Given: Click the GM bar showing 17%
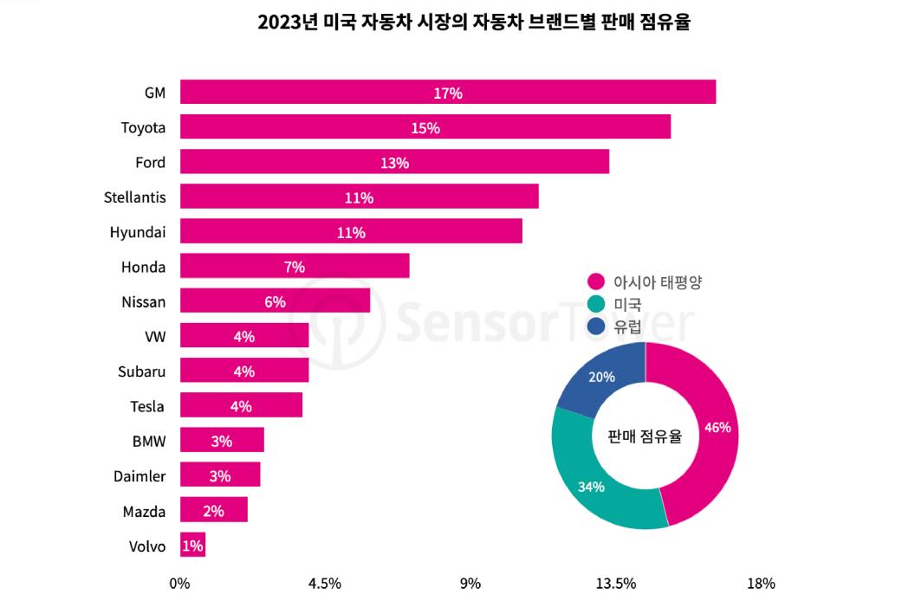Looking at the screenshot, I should (x=447, y=92).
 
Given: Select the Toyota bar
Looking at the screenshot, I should (x=425, y=127).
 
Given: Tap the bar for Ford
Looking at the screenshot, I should (x=394, y=162).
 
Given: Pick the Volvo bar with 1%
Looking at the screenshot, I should (x=192, y=545).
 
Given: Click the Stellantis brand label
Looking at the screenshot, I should (x=134, y=197).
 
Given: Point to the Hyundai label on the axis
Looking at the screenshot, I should (x=138, y=232).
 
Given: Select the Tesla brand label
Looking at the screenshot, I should (x=147, y=406).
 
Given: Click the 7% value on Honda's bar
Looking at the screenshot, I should (x=294, y=267).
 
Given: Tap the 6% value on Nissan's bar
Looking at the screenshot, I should (x=275, y=301).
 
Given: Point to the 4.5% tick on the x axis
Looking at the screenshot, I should (x=325, y=583).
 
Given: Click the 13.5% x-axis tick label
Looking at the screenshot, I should (x=616, y=583).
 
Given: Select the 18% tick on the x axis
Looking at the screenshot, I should (x=761, y=583).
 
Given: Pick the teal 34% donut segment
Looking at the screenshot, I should (x=593, y=485).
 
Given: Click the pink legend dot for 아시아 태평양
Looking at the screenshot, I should (x=595, y=281).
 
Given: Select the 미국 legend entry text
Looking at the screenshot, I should (x=627, y=304).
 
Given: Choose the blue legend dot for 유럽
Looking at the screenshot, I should (x=595, y=326).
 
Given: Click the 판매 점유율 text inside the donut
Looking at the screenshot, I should (x=645, y=436).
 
